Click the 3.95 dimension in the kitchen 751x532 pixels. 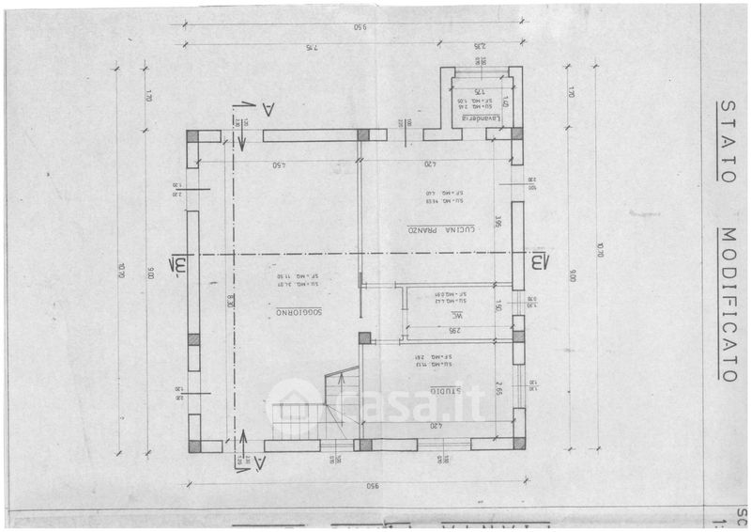click(x=499, y=224)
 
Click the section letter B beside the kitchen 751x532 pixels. click(x=538, y=260)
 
